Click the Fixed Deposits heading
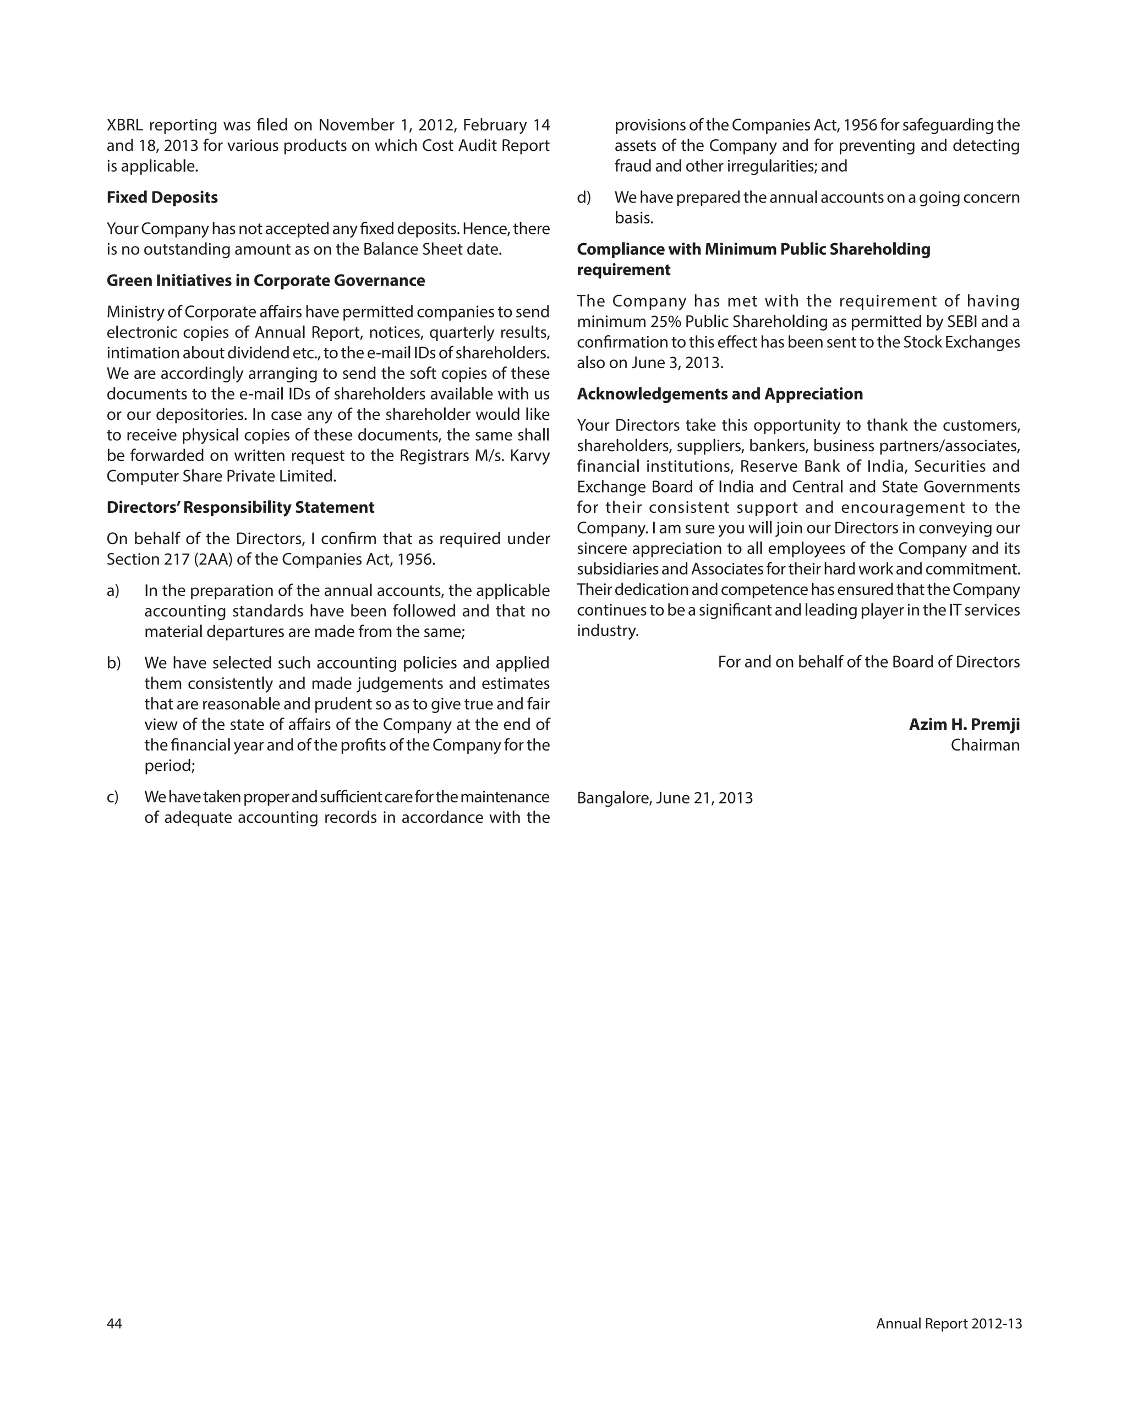pos(162,198)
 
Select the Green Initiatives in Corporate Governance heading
pos(265,281)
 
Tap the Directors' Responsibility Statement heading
pos(240,507)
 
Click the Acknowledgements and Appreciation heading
pos(719,394)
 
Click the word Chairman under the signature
pos(984,745)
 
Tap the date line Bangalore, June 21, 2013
pos(664,798)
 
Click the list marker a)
pos(113,590)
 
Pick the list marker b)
pos(114,663)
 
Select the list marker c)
pos(113,797)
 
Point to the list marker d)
pos(584,198)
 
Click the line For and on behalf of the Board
pos(868,662)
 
